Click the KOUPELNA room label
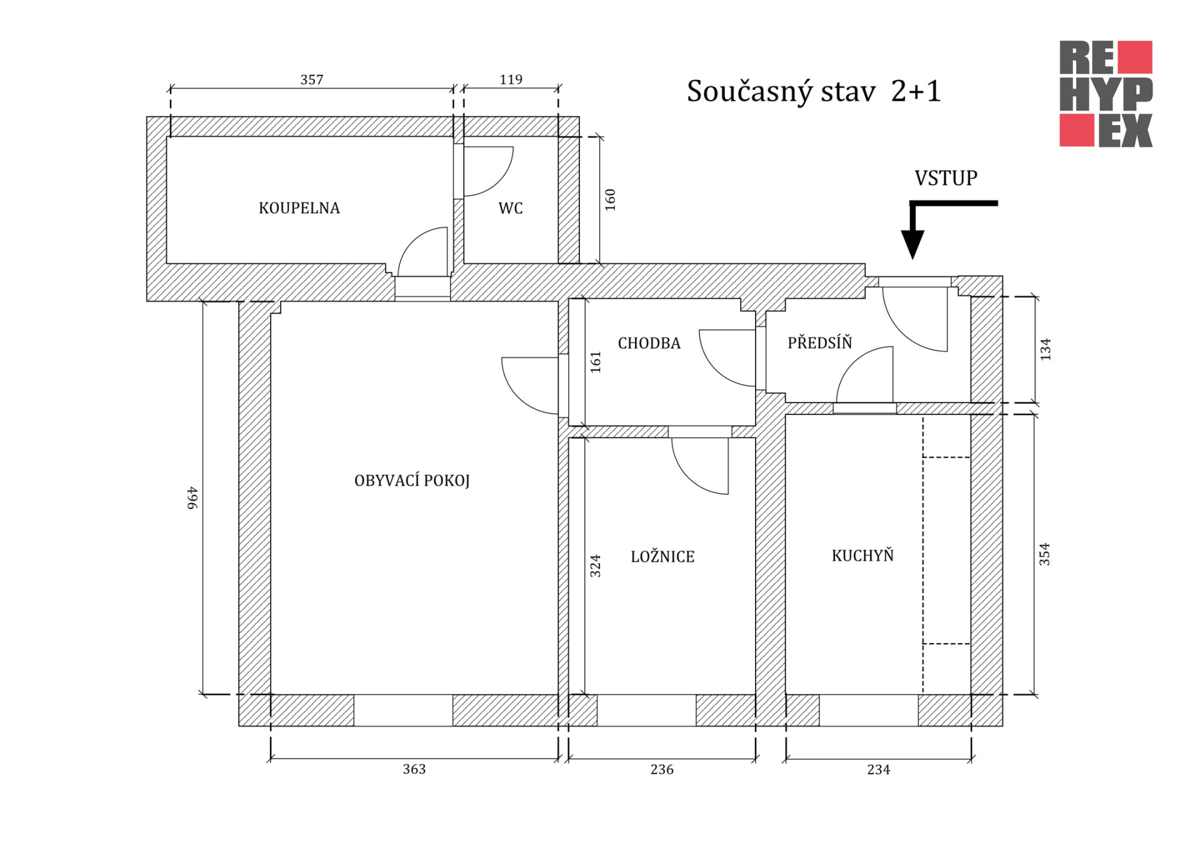coord(299,208)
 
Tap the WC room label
coord(511,208)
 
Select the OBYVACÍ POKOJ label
coord(412,480)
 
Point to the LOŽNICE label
coord(662,556)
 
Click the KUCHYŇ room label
coord(862,555)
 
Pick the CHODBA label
coord(649,343)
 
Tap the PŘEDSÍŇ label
coord(819,342)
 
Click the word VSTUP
coord(946,178)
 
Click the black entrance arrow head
coord(912,244)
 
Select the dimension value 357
coord(312,79)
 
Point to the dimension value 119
coord(511,79)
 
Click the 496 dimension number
coord(192,498)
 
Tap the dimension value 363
coord(414,769)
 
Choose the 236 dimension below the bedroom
coord(662,769)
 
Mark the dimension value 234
coord(878,769)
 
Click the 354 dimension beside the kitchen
coord(1044,554)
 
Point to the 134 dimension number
coord(1046,349)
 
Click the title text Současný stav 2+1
coord(814,92)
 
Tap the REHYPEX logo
coord(1106,94)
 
